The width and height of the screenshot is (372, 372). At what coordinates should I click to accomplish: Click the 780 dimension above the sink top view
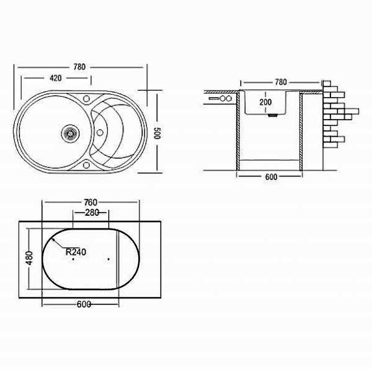pos(79,67)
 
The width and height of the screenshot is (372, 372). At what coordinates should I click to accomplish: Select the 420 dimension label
pos(56,78)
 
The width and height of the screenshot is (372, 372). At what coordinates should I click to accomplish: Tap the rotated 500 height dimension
pos(157,133)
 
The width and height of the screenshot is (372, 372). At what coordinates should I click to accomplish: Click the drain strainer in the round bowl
pos(71,133)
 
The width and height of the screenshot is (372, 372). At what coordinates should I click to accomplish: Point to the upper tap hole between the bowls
pos(86,99)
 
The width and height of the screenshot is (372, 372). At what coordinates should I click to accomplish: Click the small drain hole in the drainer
pos(100,133)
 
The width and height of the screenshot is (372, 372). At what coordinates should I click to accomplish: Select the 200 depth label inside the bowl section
pos(266,102)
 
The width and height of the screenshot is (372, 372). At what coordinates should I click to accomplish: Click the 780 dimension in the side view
pos(281,82)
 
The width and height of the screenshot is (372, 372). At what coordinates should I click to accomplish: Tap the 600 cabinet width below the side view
pos(271,177)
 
